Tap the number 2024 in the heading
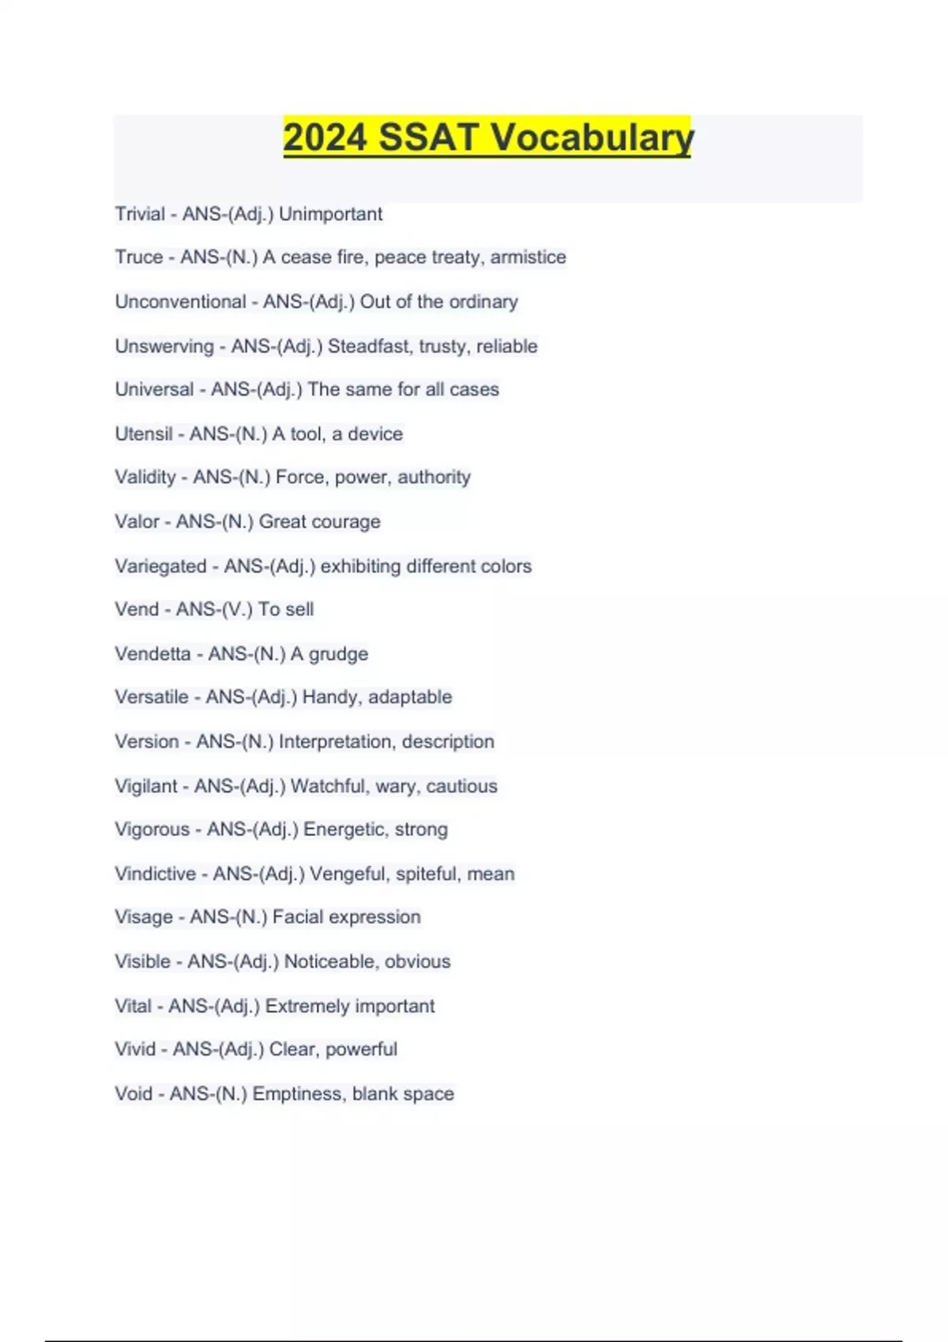[325, 137]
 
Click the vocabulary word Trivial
[140, 214]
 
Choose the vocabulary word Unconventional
[180, 302]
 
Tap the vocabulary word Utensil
[143, 434]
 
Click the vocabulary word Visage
[143, 917]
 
